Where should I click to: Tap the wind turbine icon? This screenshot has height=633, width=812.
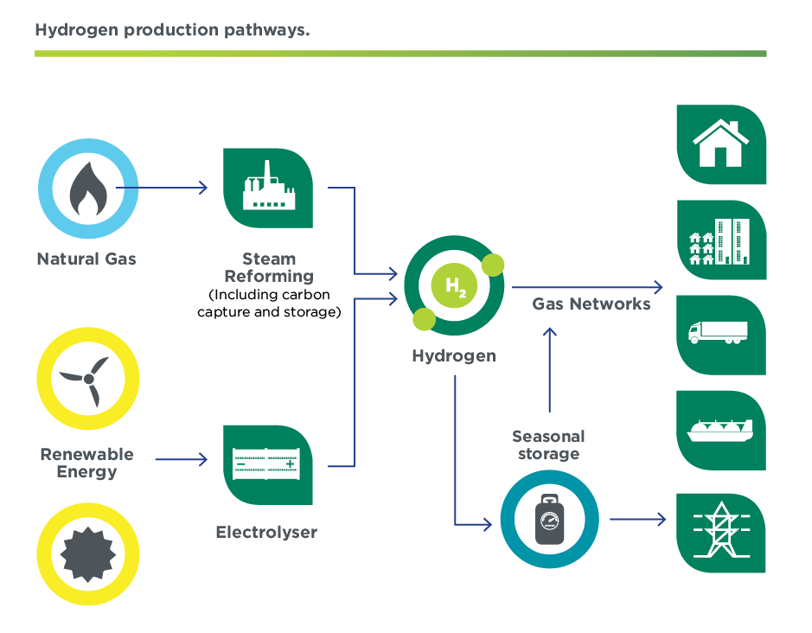pyautogui.click(x=86, y=379)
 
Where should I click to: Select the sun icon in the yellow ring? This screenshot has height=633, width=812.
pyautogui.click(x=86, y=553)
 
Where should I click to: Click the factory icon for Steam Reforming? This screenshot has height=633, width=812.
pyautogui.click(x=267, y=189)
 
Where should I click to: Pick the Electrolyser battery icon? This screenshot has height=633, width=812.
pyautogui.click(x=267, y=464)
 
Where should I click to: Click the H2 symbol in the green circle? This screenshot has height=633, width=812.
pyautogui.click(x=455, y=286)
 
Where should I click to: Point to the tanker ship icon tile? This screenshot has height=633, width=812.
pyautogui.click(x=720, y=430)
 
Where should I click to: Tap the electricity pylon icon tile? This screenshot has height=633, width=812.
pyautogui.click(x=720, y=532)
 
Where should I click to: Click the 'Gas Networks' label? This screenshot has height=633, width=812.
pyautogui.click(x=591, y=304)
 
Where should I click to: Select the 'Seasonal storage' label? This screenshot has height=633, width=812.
pyautogui.click(x=548, y=444)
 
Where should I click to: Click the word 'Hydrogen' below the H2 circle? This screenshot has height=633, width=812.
pyautogui.click(x=454, y=355)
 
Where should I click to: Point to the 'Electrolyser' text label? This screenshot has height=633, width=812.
pyautogui.click(x=266, y=533)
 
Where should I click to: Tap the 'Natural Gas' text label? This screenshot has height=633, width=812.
pyautogui.click(x=86, y=259)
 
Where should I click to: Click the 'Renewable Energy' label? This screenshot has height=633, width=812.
pyautogui.click(x=86, y=463)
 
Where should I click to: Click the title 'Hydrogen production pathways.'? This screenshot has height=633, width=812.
pyautogui.click(x=172, y=30)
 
